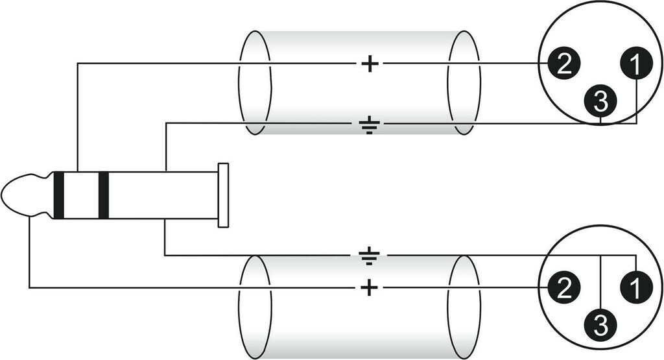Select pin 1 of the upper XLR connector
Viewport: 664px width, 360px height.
pyautogui.click(x=637, y=64)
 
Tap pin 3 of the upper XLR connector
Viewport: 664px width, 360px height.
pyautogui.click(x=600, y=101)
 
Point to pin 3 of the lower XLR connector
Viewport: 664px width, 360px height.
pyautogui.click(x=600, y=324)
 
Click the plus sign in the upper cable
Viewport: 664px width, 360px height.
pyautogui.click(x=369, y=64)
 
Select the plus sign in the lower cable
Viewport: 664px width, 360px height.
pyautogui.click(x=369, y=287)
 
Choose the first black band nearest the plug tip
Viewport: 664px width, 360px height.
pyautogui.click(x=59, y=195)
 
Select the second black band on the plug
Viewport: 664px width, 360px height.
pyautogui.click(x=103, y=195)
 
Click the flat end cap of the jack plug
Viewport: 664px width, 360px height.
pyautogui.click(x=223, y=195)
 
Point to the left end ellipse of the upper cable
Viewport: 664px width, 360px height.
pyautogui.click(x=254, y=82)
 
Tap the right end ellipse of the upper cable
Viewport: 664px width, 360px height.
pyautogui.click(x=464, y=82)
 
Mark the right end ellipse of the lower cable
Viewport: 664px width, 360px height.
pyautogui.click(x=464, y=306)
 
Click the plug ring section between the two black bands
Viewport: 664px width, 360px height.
pyautogui.click(x=81, y=195)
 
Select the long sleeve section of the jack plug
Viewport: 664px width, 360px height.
pyautogui.click(x=162, y=195)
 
